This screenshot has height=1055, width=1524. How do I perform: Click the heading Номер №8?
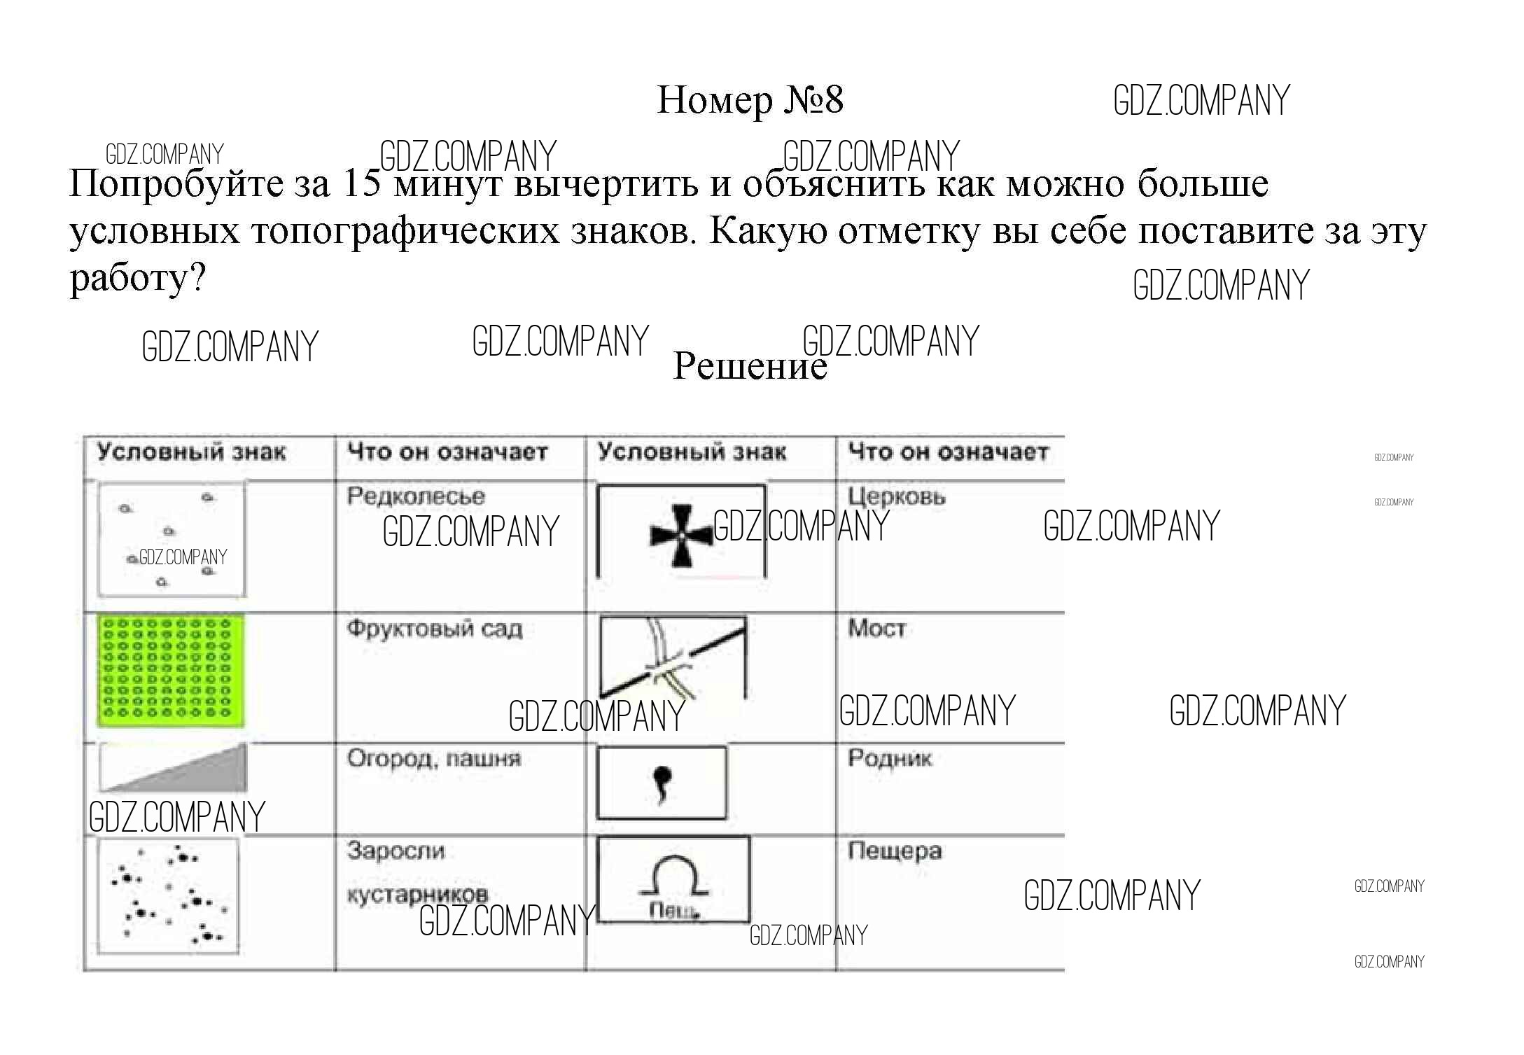(x=750, y=100)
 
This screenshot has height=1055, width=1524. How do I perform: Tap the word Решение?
(x=750, y=365)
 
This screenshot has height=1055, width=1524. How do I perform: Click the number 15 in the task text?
(x=363, y=183)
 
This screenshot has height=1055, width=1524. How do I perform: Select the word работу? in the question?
(x=138, y=279)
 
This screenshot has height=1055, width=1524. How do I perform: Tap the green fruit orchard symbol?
(x=171, y=670)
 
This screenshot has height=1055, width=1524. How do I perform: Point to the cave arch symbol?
(x=673, y=879)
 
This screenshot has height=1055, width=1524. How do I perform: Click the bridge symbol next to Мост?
(x=673, y=658)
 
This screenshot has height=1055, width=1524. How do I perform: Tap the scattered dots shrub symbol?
(x=168, y=897)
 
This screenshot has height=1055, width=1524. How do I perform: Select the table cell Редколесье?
(x=416, y=496)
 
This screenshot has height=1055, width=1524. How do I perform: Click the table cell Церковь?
(x=897, y=497)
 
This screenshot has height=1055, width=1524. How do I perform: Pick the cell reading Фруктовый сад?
(x=435, y=629)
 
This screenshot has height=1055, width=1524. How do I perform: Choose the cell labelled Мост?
(x=877, y=628)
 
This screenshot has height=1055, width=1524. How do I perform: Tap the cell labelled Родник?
(x=890, y=758)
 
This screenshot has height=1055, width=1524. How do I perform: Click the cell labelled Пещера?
(x=895, y=851)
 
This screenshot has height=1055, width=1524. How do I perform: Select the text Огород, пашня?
(x=434, y=759)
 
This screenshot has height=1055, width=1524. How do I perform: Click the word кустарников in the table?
(x=417, y=894)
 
